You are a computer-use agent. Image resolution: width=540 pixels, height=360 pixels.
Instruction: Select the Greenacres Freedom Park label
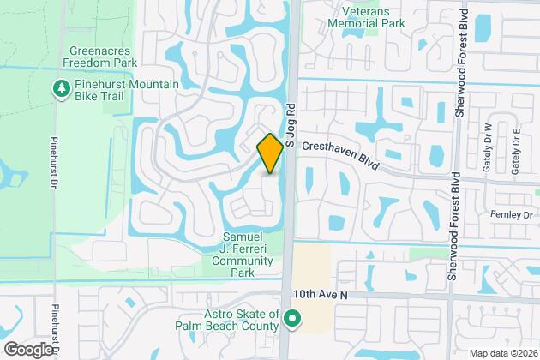click(101, 56)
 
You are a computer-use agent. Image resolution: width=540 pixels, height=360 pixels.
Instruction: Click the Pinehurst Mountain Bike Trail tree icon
click(61, 88)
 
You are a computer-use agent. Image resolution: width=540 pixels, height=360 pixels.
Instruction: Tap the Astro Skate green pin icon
click(292, 322)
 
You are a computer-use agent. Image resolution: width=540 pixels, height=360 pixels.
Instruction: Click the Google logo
click(27, 348)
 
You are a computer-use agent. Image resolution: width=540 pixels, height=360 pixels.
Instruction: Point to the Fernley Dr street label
click(513, 212)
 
